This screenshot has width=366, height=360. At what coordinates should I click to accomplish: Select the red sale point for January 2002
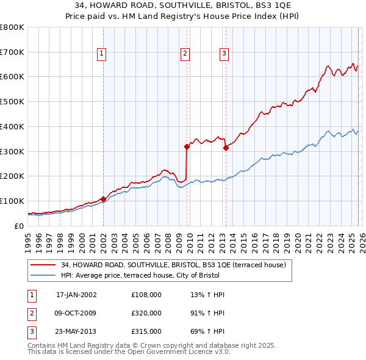pos(103,198)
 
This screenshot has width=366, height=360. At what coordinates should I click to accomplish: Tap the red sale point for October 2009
pos(187,146)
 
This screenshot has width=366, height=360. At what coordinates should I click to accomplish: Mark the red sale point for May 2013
pos(226,147)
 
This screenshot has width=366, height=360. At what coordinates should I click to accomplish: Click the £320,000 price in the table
pos(146,312)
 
